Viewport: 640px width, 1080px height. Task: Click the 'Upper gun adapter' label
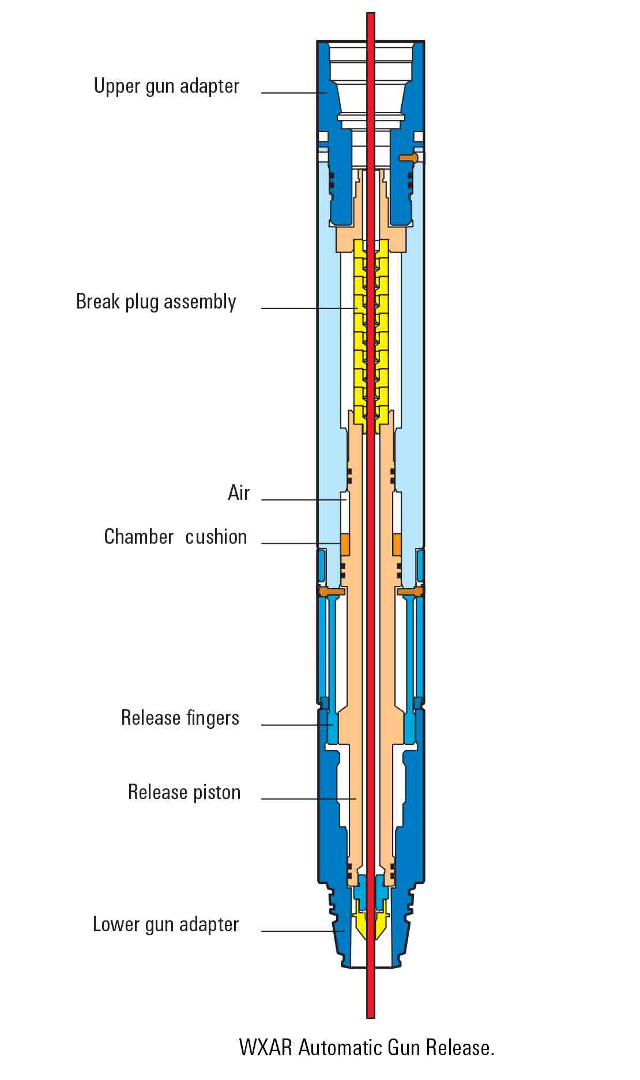166,86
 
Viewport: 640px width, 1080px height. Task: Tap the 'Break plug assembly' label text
156,302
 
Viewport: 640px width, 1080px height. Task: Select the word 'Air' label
239,493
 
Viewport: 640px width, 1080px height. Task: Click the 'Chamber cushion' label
175,537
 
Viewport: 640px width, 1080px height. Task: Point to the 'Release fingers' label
180,718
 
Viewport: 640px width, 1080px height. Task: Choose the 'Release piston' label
184,792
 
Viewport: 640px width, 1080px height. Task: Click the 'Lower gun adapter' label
165,924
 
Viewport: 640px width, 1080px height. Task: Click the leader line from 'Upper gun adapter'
291,92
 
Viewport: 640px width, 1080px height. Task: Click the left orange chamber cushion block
345,544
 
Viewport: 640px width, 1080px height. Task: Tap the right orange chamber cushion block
397,544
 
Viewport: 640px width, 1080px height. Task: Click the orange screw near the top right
408,157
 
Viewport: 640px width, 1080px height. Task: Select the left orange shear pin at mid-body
331,592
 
